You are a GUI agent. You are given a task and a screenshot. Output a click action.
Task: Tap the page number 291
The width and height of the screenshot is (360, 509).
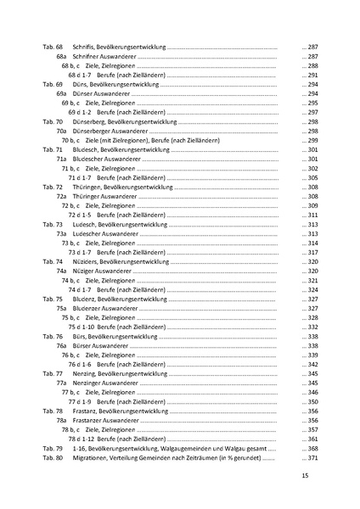[311, 75]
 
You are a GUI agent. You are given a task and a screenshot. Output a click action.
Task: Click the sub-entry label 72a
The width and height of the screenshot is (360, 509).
[61, 196]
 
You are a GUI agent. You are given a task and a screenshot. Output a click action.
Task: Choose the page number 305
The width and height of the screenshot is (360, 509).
[311, 177]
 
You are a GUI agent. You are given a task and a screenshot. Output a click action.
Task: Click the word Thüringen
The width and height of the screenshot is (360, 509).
[89, 187]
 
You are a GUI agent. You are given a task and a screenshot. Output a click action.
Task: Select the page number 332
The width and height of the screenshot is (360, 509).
[311, 327]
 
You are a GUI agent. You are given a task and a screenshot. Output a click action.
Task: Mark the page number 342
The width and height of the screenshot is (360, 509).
[311, 364]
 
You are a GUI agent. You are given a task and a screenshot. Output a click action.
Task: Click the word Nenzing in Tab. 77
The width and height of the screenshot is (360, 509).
[86, 373]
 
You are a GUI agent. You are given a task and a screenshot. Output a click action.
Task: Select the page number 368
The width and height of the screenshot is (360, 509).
[311, 448]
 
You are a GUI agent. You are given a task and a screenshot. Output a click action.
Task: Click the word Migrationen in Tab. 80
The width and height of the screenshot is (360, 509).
[93, 457]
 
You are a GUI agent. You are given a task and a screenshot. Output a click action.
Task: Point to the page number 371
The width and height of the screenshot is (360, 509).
[311, 457]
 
